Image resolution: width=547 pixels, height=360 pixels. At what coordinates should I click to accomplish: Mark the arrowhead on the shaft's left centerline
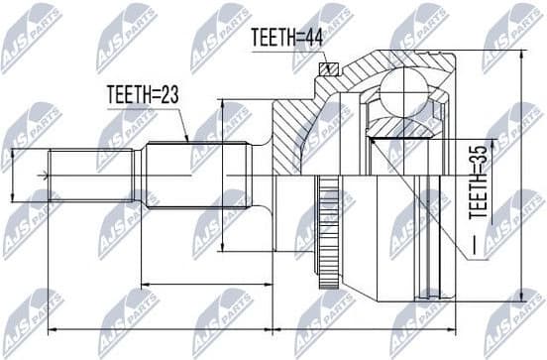[43, 178]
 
